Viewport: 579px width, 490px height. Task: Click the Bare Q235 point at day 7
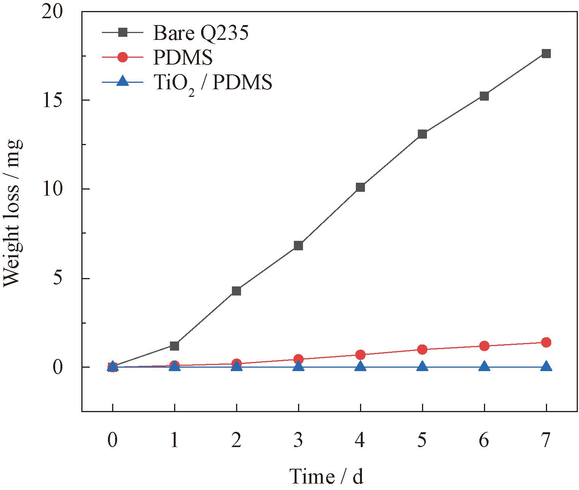click(x=546, y=54)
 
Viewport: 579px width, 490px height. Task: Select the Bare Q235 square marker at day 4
click(x=360, y=187)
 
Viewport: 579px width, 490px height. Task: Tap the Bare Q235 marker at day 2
click(x=236, y=291)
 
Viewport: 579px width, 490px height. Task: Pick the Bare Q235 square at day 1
click(x=174, y=346)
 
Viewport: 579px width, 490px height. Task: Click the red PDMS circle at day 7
click(x=546, y=343)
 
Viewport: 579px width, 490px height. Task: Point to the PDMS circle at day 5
click(x=422, y=349)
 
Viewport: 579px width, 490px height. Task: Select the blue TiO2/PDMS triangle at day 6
click(x=484, y=367)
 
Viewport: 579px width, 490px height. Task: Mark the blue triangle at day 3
click(x=298, y=367)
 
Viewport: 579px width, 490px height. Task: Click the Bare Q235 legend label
click(x=201, y=33)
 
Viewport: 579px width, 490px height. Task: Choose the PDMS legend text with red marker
click(x=183, y=58)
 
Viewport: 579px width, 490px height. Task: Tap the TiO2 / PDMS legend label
click(x=213, y=83)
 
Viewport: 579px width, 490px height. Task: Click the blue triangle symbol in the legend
click(x=122, y=81)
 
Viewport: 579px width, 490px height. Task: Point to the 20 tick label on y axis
click(x=52, y=13)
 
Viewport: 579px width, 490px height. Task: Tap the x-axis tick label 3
click(x=298, y=440)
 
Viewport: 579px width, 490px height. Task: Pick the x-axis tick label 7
click(x=546, y=440)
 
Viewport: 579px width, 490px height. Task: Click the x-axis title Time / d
click(x=327, y=476)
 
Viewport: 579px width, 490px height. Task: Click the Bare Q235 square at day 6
click(x=484, y=96)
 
